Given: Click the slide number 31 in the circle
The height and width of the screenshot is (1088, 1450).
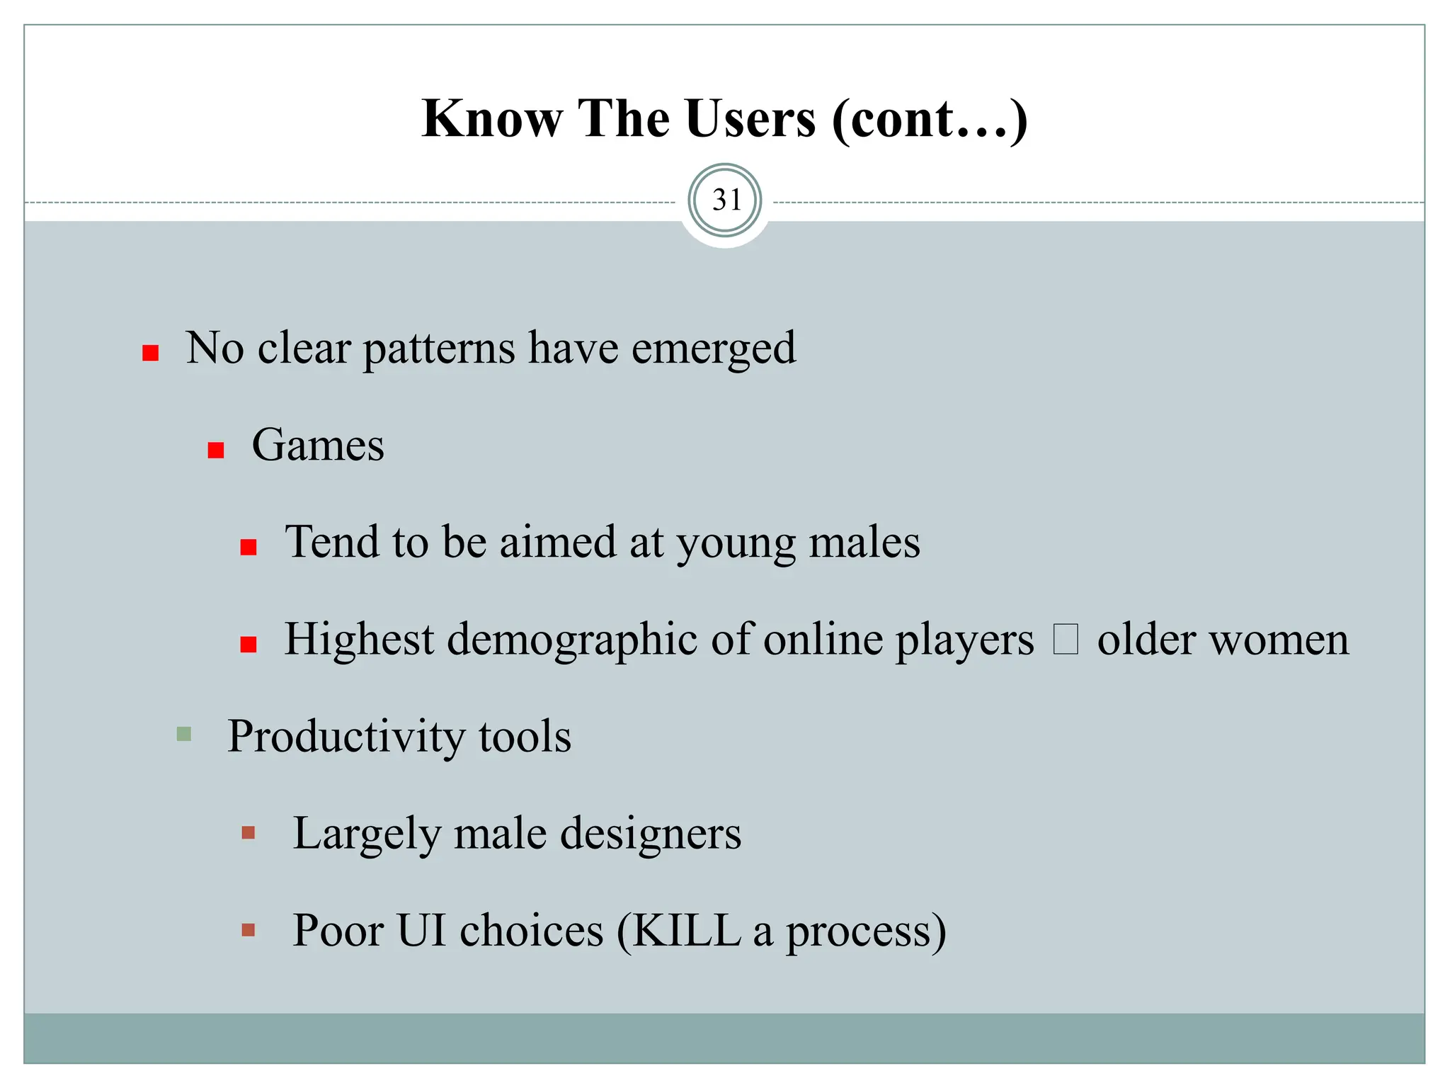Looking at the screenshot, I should [726, 200].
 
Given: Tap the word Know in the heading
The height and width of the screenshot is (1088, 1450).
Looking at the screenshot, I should [492, 118].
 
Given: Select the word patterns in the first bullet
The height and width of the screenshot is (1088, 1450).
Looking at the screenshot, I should [439, 348].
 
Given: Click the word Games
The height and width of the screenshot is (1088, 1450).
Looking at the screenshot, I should [318, 446].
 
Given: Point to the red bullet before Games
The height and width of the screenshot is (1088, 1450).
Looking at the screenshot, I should [216, 450].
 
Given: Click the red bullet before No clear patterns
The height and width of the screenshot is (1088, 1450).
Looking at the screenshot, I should [150, 353].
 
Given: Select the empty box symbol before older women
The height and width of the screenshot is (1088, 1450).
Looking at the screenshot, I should [1065, 639].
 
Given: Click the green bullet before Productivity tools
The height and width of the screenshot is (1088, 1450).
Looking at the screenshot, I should [184, 733].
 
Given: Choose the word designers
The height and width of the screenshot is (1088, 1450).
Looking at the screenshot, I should [651, 834].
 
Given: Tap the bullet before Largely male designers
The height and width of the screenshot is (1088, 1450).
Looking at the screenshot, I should [249, 832].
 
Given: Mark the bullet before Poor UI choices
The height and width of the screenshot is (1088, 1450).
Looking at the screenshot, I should [249, 929].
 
